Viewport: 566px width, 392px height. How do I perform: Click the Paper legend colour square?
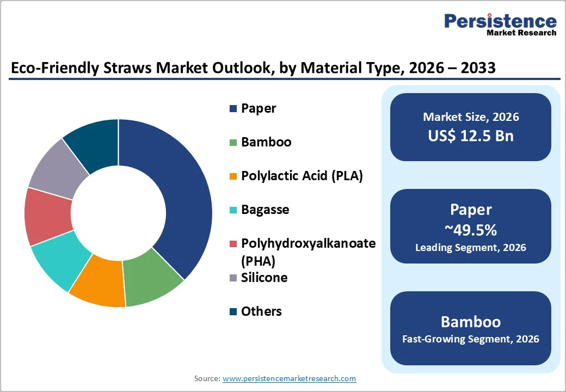[233, 109]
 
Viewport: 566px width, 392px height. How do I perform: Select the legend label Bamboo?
[266, 142]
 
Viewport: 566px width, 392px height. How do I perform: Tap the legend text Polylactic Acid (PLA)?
[302, 176]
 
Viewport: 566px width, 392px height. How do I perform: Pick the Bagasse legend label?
[265, 210]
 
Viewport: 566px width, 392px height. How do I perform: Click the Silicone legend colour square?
[233, 278]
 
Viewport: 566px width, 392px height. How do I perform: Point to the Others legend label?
[261, 311]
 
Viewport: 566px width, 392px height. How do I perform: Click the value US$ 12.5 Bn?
[471, 136]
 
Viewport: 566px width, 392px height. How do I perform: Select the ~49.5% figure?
[471, 230]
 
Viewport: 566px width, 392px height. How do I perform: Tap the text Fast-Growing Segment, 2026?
[471, 339]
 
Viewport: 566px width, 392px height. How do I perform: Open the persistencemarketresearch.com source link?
[289, 378]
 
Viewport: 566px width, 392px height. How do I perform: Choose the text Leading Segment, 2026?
[471, 248]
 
